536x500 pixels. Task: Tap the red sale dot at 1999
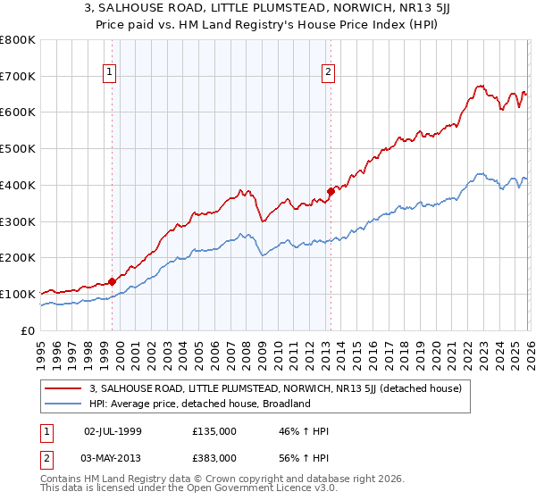112,281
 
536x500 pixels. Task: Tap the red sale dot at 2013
330,190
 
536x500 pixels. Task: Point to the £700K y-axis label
18,77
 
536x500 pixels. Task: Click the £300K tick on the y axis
18,221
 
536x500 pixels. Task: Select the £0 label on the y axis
29,330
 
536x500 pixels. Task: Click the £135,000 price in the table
214,431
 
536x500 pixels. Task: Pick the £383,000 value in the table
214,456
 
